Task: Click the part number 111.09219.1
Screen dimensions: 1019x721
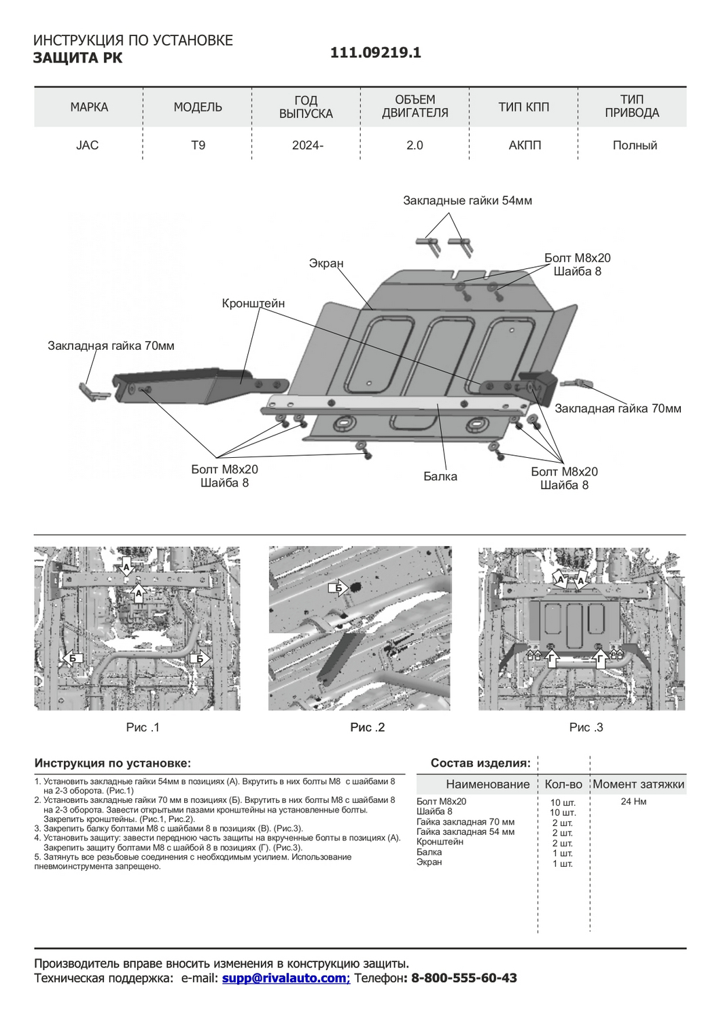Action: click(x=375, y=53)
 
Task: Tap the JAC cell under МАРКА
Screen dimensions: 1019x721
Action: click(x=87, y=145)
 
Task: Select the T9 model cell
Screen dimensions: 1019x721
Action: click(x=198, y=145)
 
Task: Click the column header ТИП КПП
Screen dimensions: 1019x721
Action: click(x=523, y=107)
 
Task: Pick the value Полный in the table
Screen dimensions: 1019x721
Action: click(x=634, y=145)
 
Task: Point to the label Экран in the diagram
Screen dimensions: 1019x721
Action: click(x=326, y=264)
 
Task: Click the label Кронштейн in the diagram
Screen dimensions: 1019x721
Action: click(x=253, y=304)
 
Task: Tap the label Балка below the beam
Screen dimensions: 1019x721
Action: click(x=440, y=476)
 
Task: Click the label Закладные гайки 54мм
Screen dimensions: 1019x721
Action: click(x=468, y=200)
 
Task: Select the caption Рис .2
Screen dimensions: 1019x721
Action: click(x=368, y=728)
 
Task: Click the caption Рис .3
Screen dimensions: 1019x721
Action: click(x=586, y=728)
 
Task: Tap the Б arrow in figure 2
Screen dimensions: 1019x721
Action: click(x=337, y=588)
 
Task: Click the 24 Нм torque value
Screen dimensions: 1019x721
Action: click(x=633, y=802)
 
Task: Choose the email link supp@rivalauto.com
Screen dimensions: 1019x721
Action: click(x=285, y=978)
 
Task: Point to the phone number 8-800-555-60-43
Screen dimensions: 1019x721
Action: click(x=464, y=978)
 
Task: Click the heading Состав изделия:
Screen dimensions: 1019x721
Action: click(x=480, y=763)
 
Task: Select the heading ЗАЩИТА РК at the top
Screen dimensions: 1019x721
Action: click(x=78, y=58)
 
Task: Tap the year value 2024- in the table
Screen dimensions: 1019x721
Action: click(x=307, y=145)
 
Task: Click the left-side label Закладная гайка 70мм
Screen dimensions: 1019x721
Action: click(x=111, y=346)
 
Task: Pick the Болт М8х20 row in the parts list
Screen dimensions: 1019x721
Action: click(x=442, y=802)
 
